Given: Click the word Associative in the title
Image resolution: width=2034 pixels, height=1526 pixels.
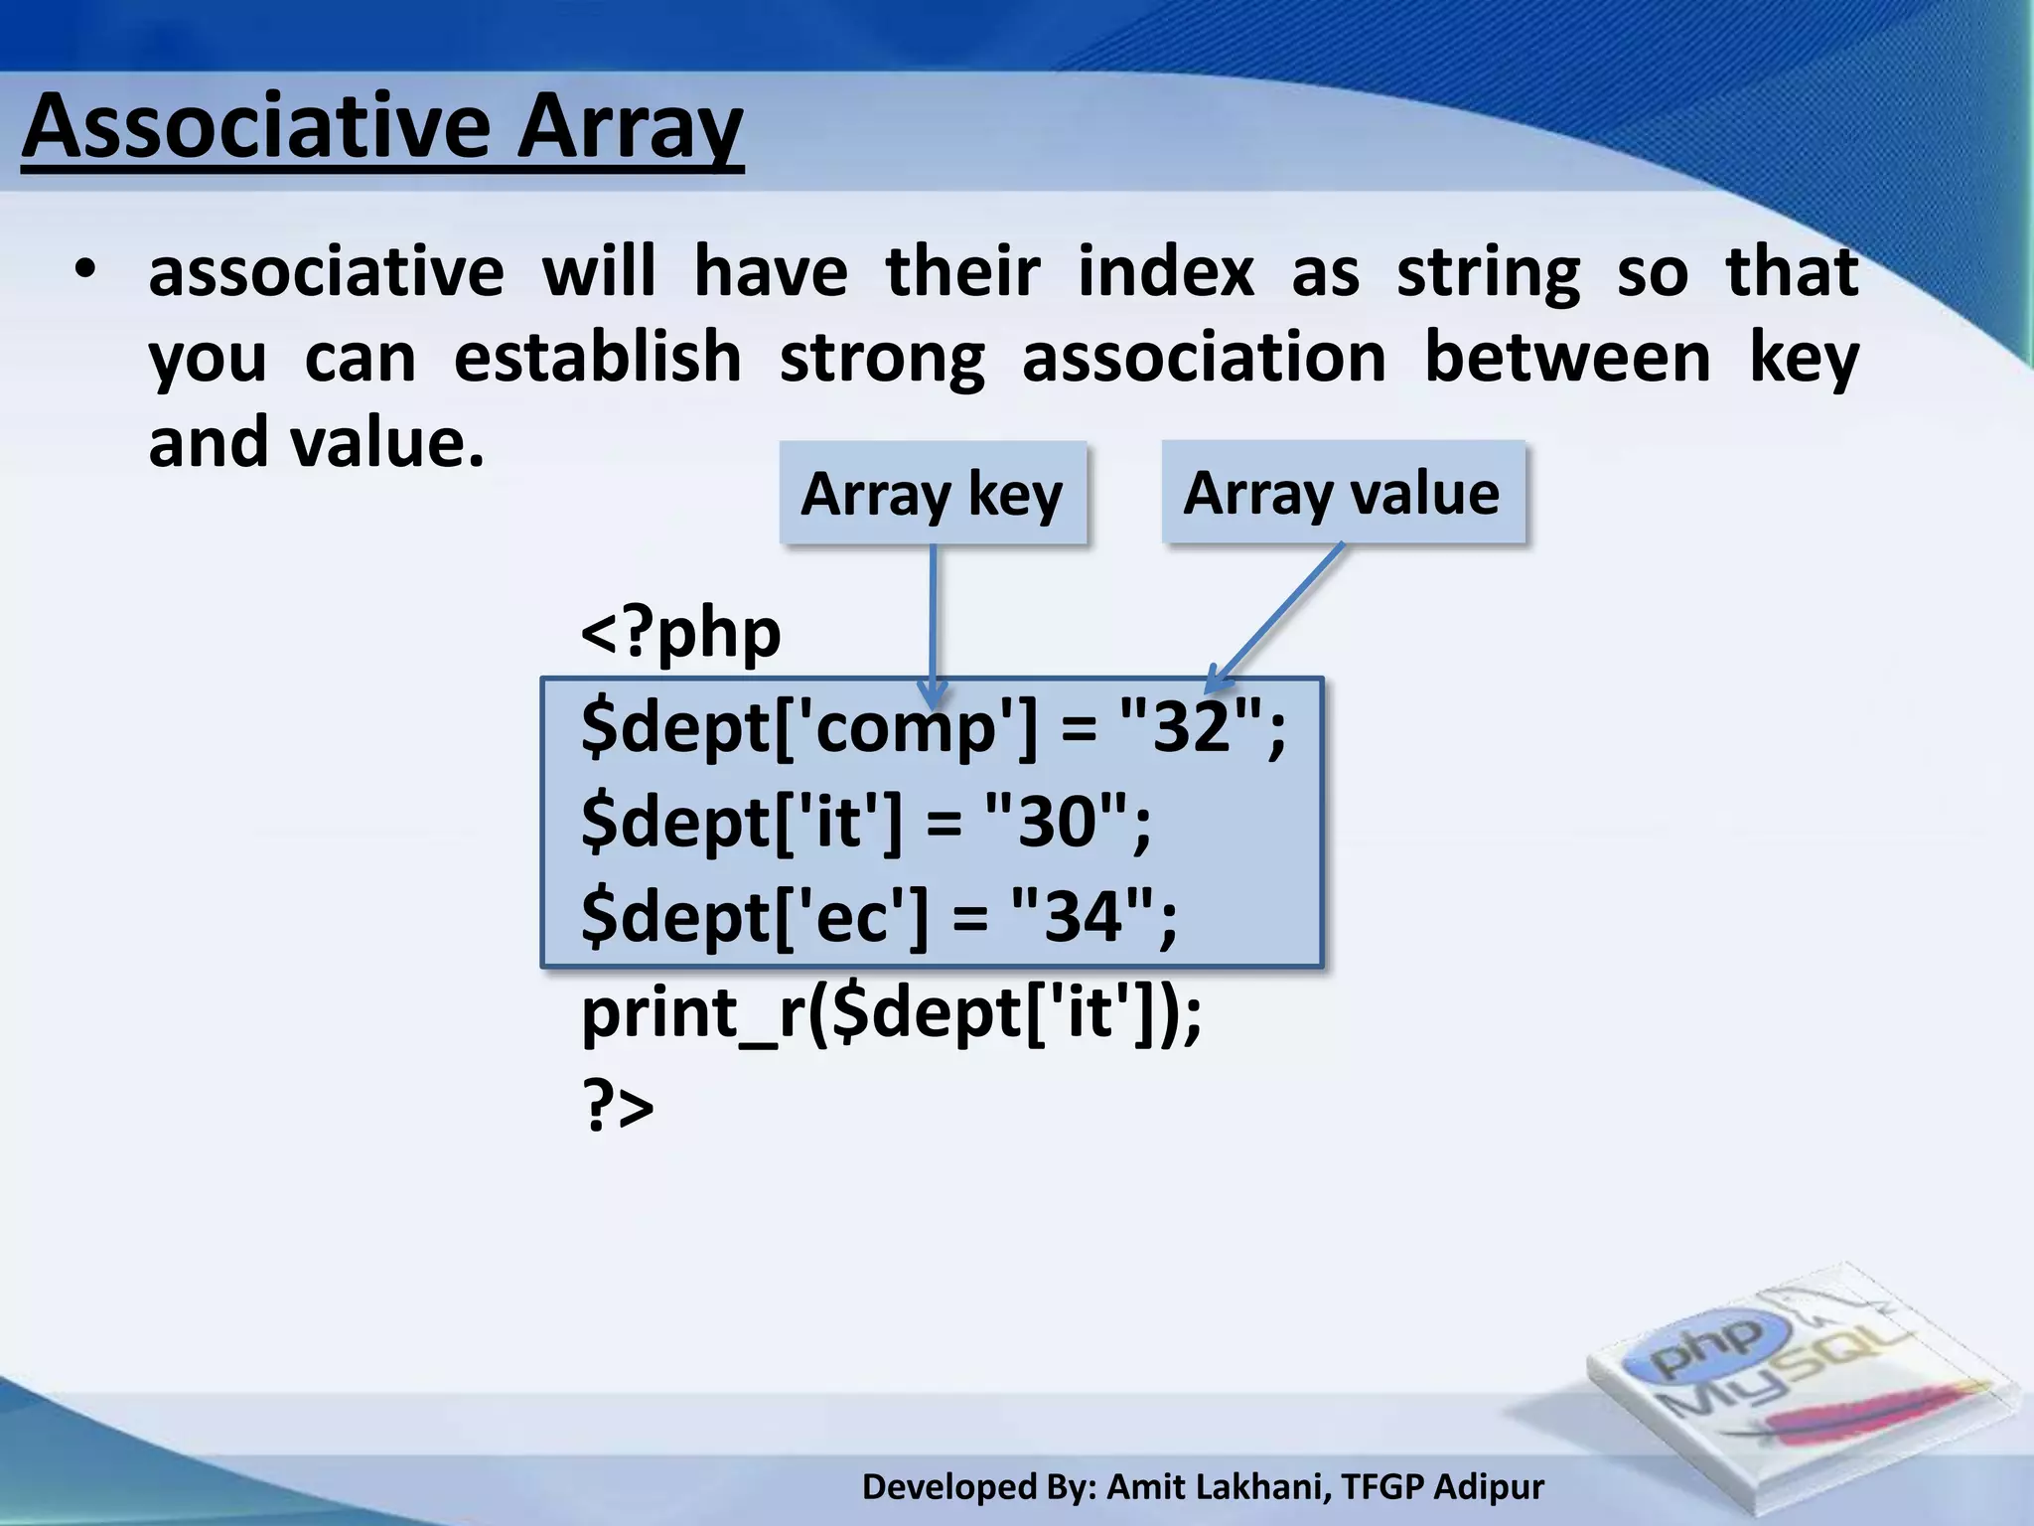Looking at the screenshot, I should click(x=256, y=127).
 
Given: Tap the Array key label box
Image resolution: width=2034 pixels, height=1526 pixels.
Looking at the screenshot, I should click(x=932, y=494).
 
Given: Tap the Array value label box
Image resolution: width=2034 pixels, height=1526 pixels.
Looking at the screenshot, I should click(x=1342, y=493).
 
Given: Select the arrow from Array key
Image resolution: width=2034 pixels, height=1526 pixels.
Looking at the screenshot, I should click(x=933, y=616).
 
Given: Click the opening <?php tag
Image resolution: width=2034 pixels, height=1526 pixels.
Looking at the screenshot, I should click(x=680, y=633).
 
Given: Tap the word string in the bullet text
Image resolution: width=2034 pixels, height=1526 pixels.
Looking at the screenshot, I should click(x=1487, y=271).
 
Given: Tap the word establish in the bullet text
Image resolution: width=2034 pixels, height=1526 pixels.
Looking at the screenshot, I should click(x=597, y=357).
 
